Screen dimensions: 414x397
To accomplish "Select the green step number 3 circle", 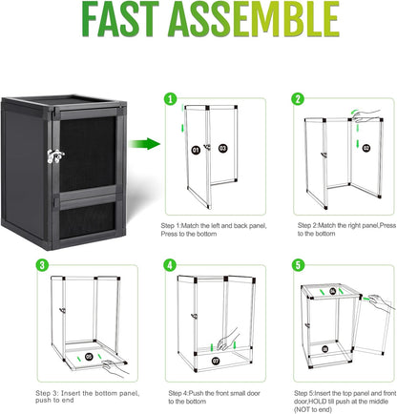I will pyautogui.click(x=42, y=264).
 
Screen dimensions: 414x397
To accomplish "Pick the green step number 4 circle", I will pyautogui.click(x=170, y=264).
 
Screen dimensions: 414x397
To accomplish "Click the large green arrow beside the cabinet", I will pyautogui.click(x=144, y=145).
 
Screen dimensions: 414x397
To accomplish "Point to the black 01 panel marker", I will pyautogui.click(x=196, y=149).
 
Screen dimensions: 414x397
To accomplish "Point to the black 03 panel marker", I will pyautogui.click(x=223, y=149).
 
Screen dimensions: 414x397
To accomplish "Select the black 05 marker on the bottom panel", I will pyautogui.click(x=90, y=357).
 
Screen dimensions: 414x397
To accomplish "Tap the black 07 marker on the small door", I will pyautogui.click(x=215, y=362).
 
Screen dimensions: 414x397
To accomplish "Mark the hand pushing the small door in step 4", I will pyautogui.click(x=229, y=341).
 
